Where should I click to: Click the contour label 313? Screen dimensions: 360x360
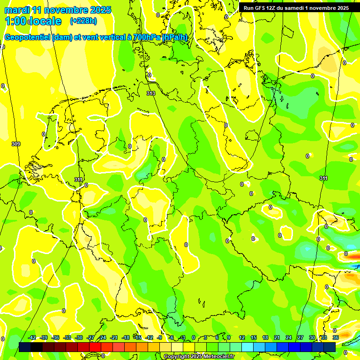point(151,94)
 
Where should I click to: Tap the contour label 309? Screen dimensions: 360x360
point(16,144)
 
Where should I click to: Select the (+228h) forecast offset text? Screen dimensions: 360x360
point(84,21)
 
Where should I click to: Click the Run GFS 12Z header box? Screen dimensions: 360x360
point(296,8)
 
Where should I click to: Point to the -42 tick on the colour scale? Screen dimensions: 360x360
point(32,338)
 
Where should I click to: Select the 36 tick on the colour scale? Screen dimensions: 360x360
point(336,338)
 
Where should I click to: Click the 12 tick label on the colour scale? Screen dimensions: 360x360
point(242,338)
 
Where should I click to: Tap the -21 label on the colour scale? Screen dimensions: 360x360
point(114,338)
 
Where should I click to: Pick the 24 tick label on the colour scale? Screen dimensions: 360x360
point(289,338)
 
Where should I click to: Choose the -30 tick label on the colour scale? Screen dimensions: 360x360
point(79,338)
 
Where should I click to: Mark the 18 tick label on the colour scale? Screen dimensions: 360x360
point(265,338)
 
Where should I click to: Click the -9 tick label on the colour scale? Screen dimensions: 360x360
point(160,338)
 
